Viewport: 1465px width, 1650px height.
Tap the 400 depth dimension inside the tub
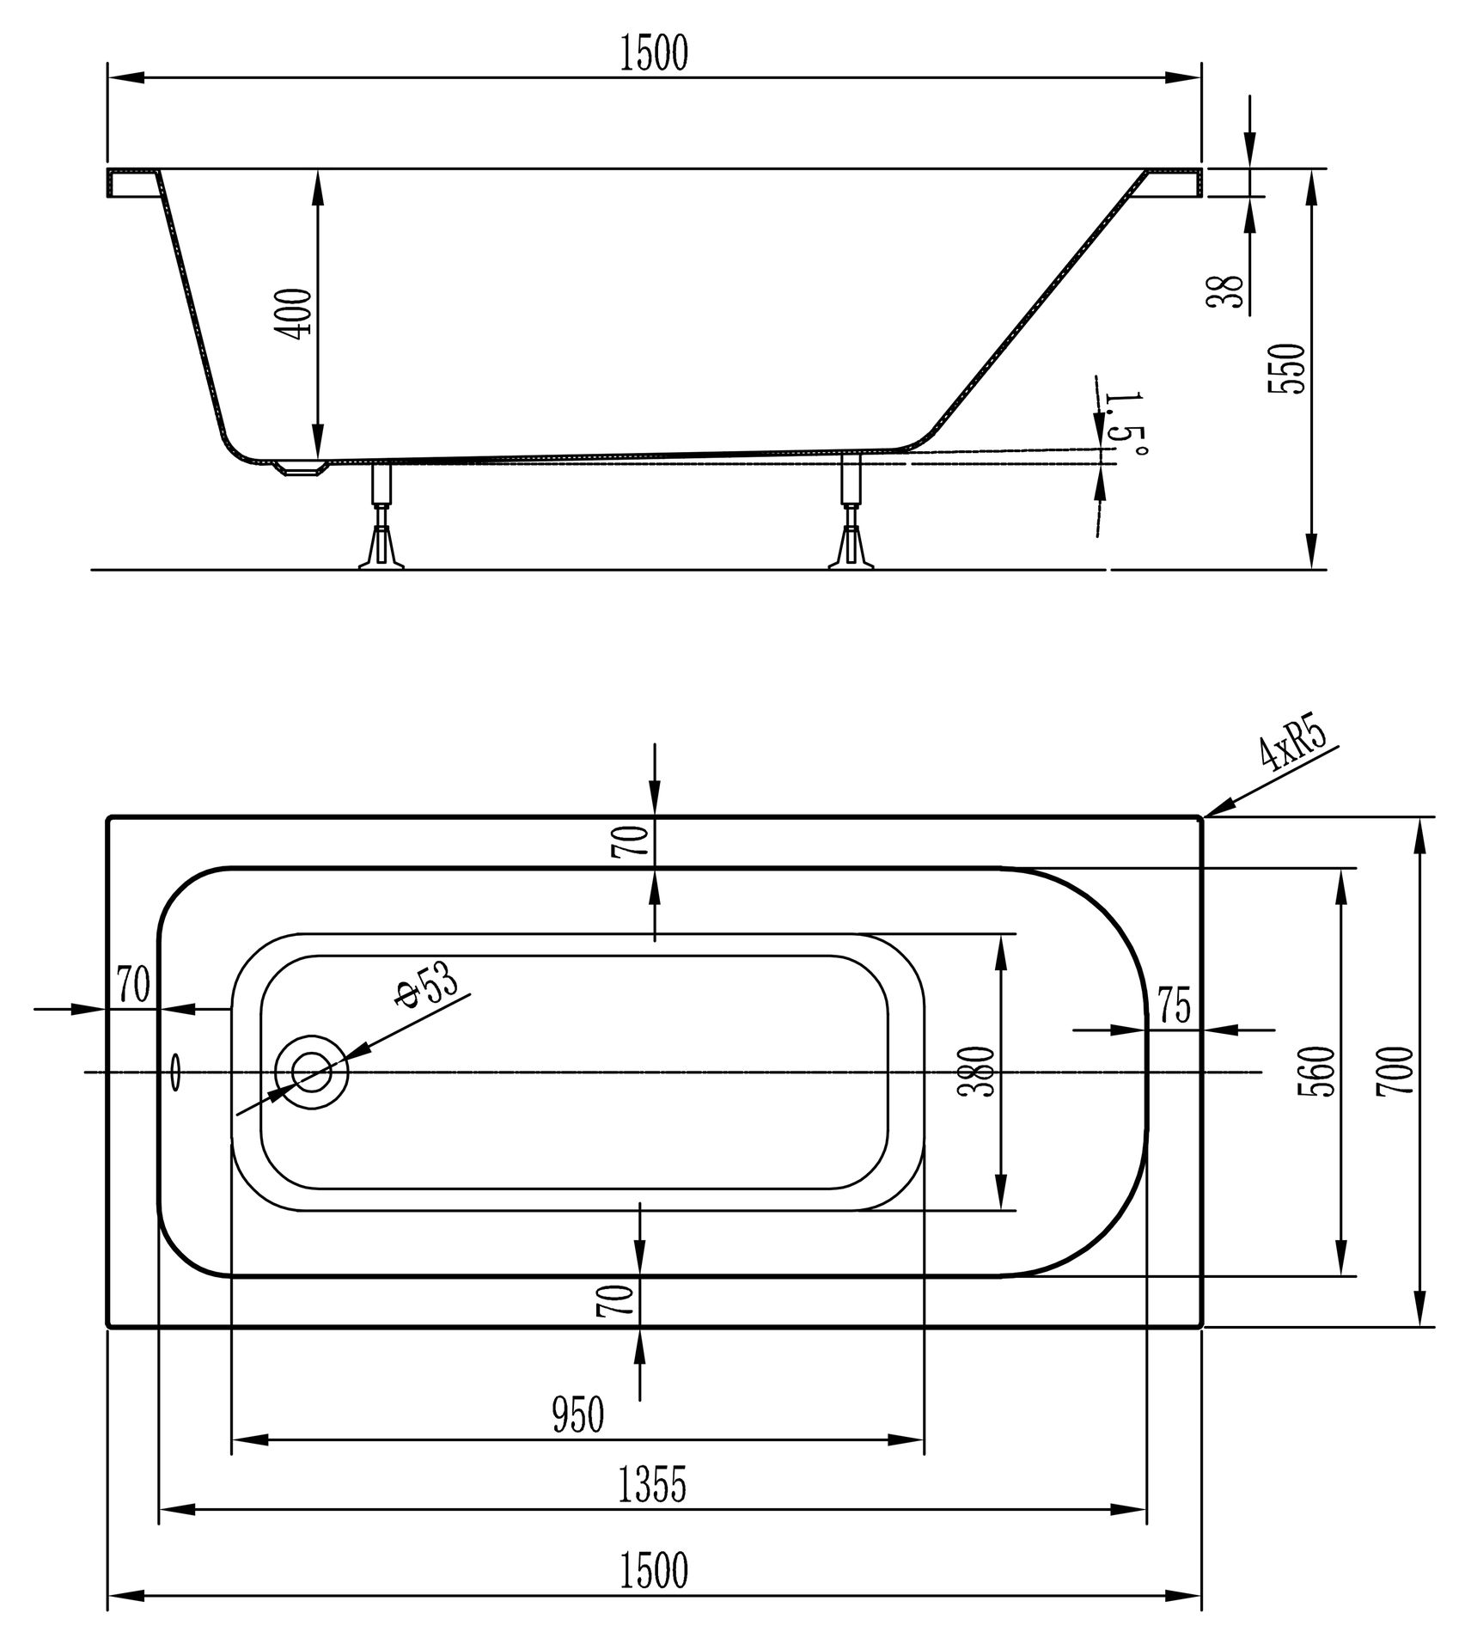298,315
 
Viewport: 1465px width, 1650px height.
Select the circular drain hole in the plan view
312,1072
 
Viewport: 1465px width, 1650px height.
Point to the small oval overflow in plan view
176,1072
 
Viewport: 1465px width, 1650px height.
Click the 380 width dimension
978,1071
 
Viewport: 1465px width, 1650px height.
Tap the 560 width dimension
1317,1072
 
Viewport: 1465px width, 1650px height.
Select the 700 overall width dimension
1393,1071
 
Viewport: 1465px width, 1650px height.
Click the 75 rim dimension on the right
1175,1006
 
